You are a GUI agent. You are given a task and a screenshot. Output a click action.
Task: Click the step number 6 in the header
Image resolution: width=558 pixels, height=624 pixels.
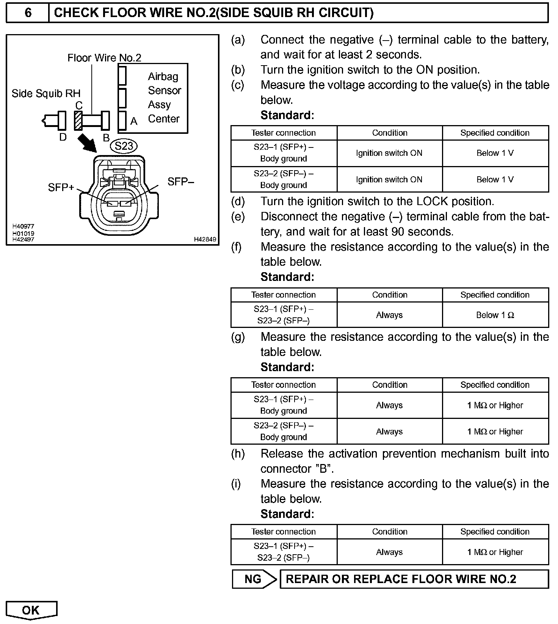(x=28, y=13)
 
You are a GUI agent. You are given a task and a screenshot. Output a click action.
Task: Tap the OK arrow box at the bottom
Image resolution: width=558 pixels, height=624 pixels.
(x=31, y=610)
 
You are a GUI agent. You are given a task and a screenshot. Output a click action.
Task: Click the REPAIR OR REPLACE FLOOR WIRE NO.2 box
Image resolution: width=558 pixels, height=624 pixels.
(x=414, y=579)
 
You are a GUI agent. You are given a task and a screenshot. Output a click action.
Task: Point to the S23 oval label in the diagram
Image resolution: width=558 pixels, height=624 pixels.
(x=124, y=146)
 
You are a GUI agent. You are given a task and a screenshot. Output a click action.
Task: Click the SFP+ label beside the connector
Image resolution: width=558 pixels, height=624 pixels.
(x=61, y=187)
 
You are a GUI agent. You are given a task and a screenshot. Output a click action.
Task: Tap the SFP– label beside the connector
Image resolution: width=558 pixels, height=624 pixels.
(x=180, y=182)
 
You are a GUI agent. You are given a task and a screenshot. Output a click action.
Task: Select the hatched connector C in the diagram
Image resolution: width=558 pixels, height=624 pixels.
(x=78, y=121)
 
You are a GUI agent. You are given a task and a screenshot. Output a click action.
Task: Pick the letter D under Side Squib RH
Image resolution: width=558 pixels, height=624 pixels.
(x=63, y=137)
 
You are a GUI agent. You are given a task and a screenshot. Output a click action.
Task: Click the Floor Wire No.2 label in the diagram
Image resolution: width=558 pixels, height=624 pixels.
(x=104, y=58)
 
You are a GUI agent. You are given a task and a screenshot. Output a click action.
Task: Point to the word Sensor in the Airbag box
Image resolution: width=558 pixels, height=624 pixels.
(x=165, y=91)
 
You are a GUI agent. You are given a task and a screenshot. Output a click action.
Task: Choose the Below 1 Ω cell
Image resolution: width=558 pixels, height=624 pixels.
(x=495, y=315)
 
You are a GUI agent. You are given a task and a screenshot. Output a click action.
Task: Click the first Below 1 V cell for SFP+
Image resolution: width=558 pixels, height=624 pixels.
(x=495, y=153)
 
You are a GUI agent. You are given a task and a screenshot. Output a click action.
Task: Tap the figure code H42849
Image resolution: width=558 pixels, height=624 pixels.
(x=205, y=239)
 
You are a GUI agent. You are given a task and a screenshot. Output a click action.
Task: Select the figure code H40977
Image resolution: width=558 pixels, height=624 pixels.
(x=24, y=226)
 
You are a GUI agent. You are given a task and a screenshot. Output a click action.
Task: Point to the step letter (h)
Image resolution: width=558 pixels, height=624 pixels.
(x=238, y=454)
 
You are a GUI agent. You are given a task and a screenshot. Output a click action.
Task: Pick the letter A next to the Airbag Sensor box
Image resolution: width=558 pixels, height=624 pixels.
(x=134, y=121)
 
